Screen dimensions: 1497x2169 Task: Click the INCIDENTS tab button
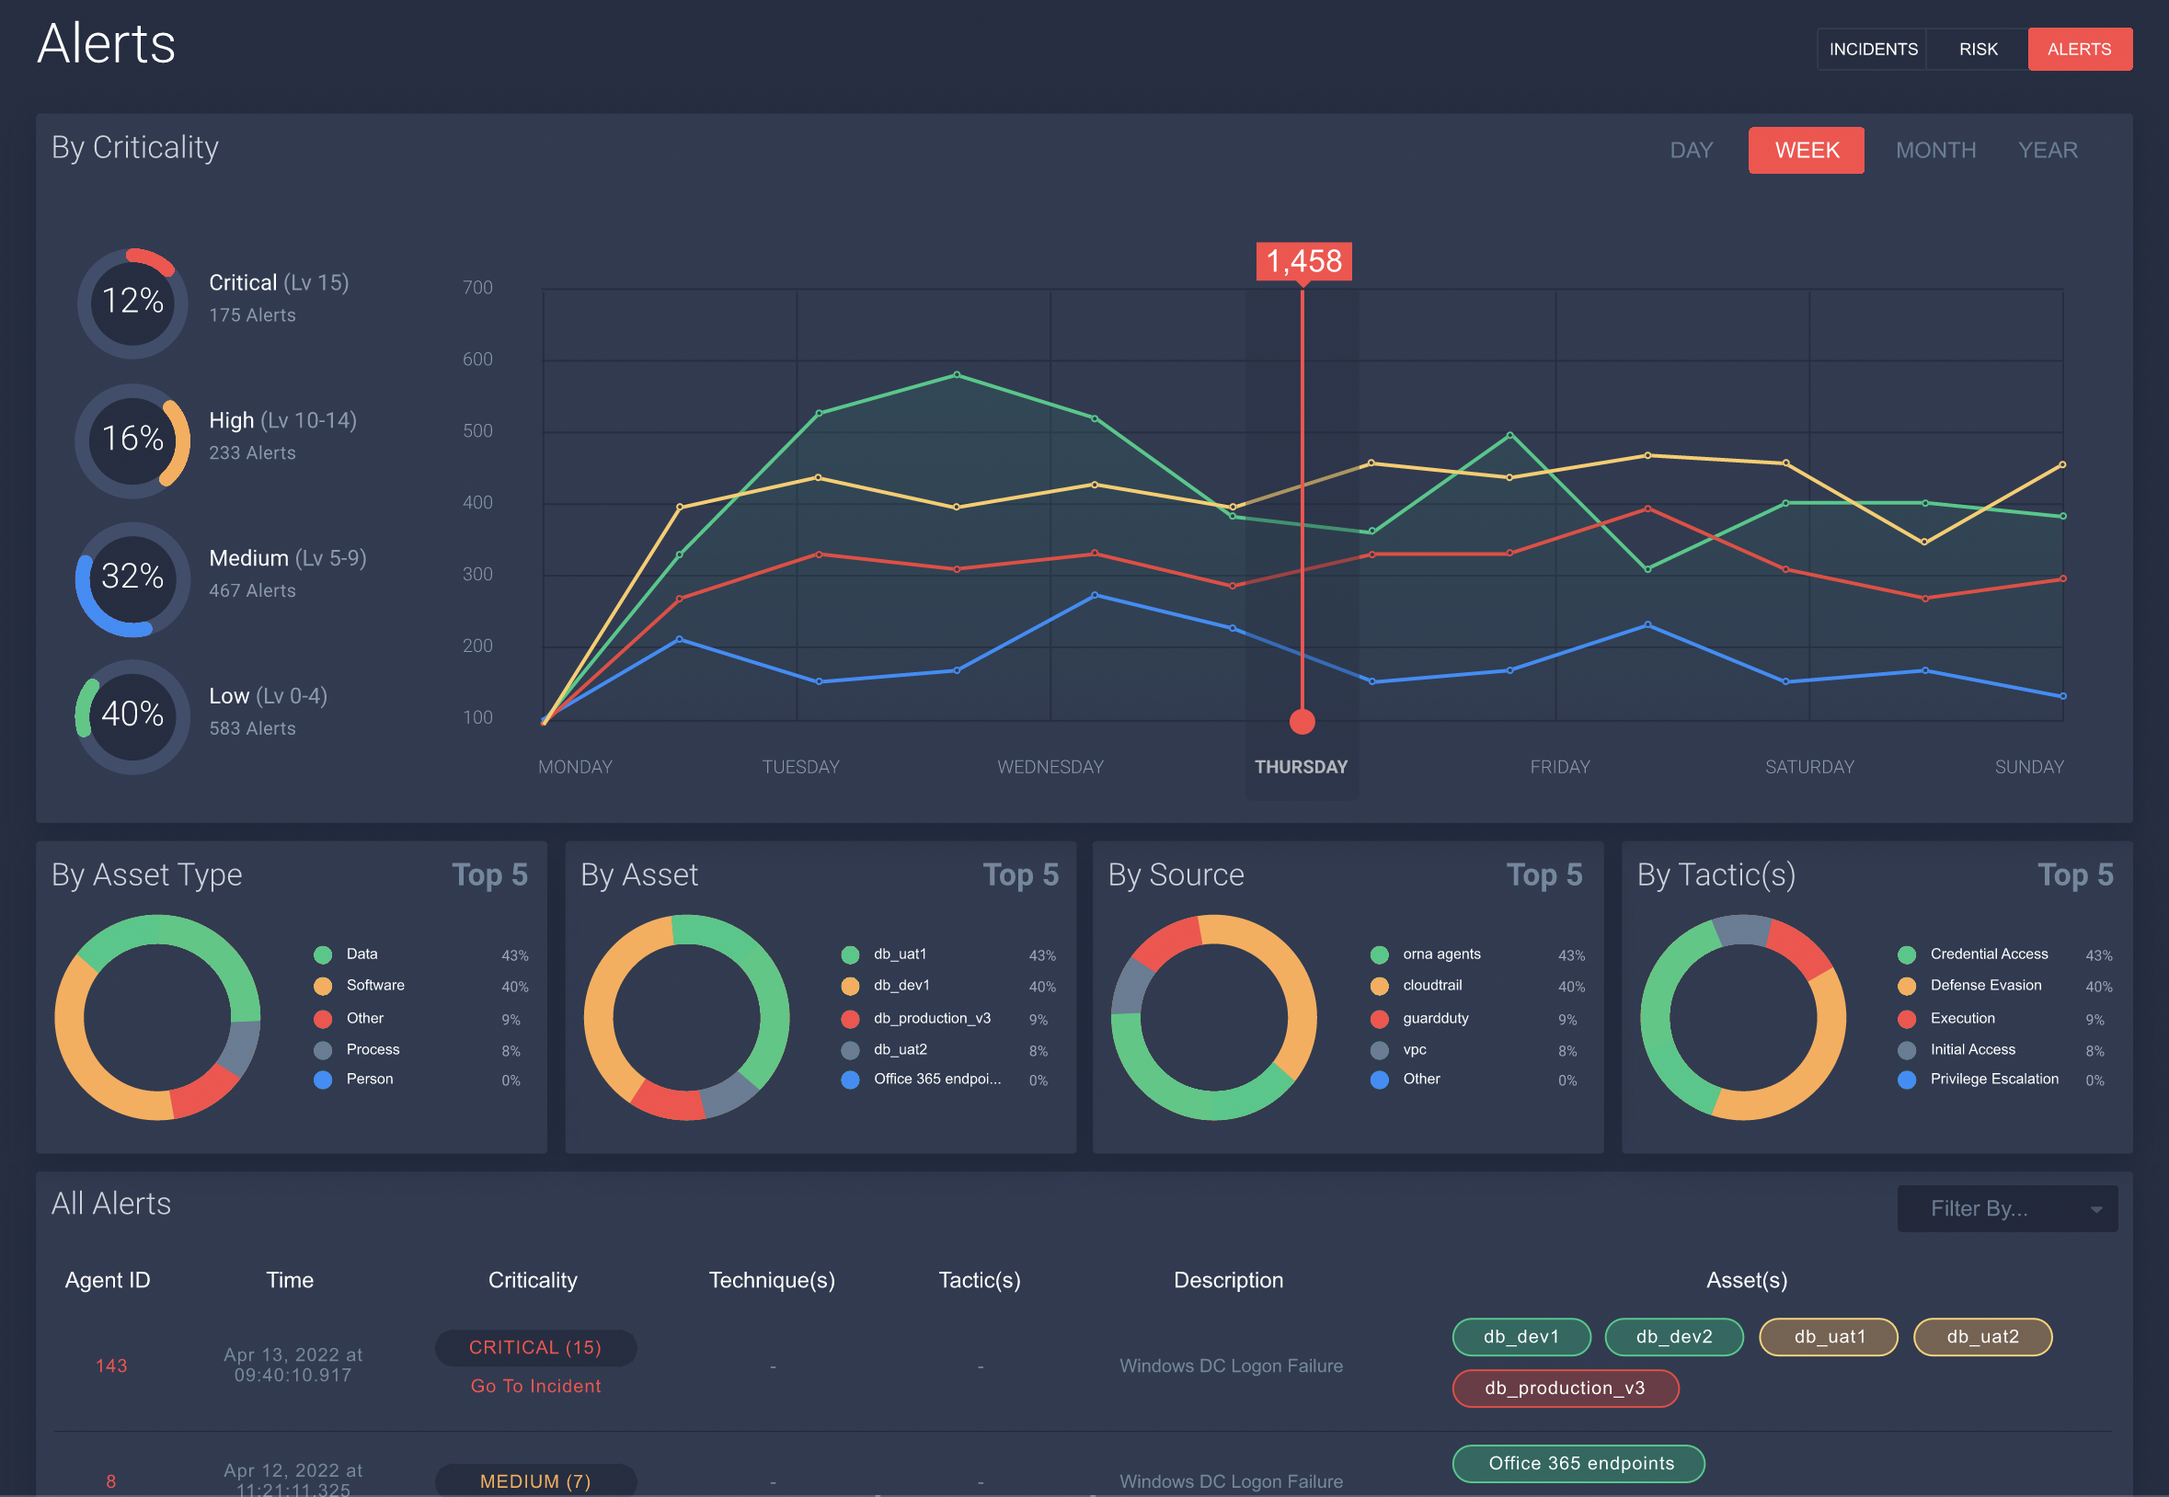(1873, 49)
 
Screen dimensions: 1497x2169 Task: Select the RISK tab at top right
(1978, 49)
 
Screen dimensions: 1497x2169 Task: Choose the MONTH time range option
(1935, 150)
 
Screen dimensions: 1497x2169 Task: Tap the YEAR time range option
(2047, 150)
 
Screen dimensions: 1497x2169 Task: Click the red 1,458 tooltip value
(1303, 261)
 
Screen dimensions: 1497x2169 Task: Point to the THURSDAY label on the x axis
(1301, 767)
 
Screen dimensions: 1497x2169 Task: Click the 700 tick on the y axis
(477, 287)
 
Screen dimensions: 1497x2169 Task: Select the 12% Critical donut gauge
(132, 301)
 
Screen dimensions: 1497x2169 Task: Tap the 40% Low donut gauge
(132, 714)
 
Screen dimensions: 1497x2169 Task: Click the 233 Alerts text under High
(251, 453)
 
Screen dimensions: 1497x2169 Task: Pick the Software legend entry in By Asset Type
(374, 985)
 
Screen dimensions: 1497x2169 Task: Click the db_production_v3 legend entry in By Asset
(932, 1018)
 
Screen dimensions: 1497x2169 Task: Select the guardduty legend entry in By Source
(1434, 1018)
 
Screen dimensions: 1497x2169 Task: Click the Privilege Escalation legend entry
(1993, 1079)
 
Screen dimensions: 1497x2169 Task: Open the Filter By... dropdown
(2006, 1208)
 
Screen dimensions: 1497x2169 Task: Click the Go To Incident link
(534, 1387)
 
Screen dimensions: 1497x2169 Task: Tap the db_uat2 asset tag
(1981, 1337)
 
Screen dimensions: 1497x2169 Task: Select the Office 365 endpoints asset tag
(1580, 1463)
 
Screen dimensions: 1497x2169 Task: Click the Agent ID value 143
(110, 1366)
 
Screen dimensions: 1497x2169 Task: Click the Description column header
(1227, 1280)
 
